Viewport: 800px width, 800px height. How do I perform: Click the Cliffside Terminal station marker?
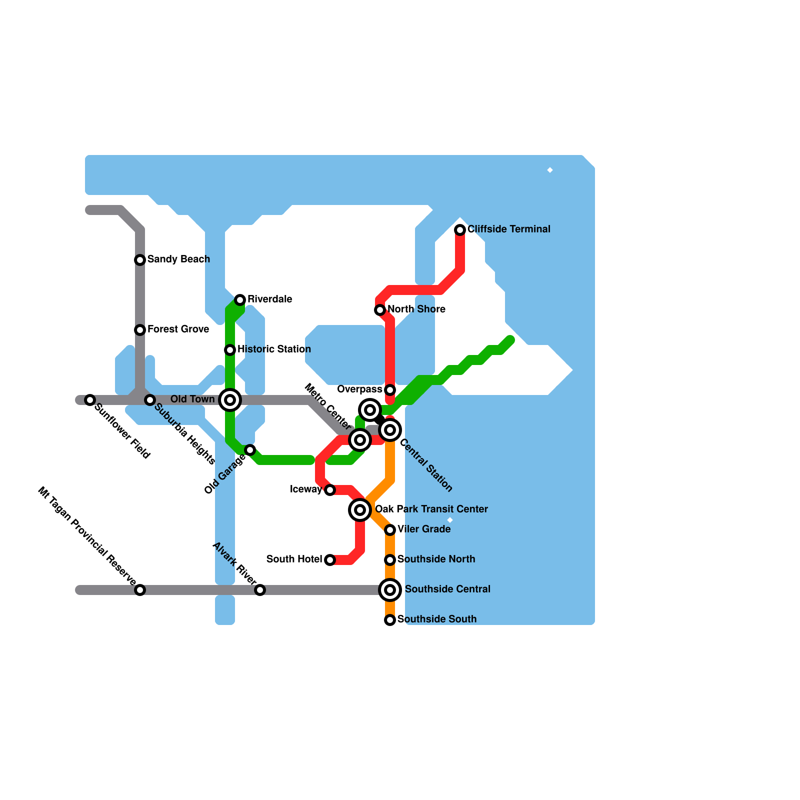pos(460,230)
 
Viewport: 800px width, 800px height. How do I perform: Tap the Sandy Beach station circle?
pos(140,260)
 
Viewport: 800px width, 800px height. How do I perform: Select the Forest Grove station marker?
pos(140,330)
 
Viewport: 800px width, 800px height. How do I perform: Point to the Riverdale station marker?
pos(240,300)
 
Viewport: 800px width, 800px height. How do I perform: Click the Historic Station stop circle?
pos(230,350)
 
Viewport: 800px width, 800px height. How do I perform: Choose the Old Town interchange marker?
pos(230,400)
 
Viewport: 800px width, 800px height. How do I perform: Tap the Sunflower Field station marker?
pos(90,400)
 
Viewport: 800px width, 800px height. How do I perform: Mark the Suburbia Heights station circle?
pos(150,400)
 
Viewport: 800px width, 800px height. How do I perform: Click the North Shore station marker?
pos(380,310)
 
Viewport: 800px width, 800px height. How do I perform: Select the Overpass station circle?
pos(390,390)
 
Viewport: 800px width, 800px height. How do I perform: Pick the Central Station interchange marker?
pos(390,430)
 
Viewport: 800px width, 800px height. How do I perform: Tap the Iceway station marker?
pos(330,490)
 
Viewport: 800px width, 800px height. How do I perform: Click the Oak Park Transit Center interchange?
pos(360,510)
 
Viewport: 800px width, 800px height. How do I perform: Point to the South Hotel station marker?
pos(330,560)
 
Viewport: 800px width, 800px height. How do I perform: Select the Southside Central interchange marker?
pos(390,590)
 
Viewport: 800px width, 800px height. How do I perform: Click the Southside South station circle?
pos(390,620)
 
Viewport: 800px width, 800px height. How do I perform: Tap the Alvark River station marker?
pos(260,590)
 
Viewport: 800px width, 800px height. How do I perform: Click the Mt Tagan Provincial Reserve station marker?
pos(140,590)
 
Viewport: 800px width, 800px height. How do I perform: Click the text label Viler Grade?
pos(424,529)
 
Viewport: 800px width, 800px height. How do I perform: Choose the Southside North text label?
pos(436,559)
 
